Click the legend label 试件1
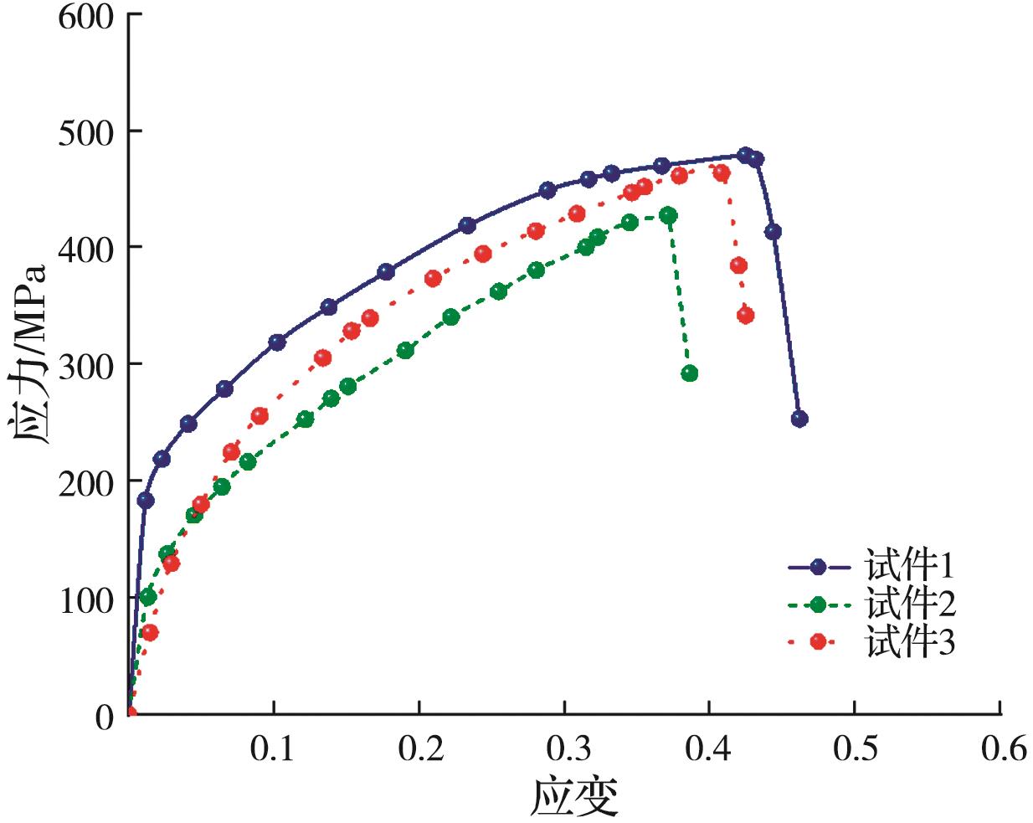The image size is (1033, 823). point(910,567)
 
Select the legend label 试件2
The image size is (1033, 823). point(910,604)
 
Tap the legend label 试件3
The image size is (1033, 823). point(910,642)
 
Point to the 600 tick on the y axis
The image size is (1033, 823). point(85,15)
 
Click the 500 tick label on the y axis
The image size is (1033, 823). point(85,132)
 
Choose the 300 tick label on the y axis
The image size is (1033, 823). point(85,365)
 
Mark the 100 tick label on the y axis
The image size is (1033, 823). point(85,599)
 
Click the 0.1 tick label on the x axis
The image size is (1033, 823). point(273,748)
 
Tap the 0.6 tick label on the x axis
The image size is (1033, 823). point(1001,748)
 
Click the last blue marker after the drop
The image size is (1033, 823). point(799,419)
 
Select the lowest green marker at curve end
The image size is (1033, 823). point(689,373)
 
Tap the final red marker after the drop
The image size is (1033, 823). point(745,316)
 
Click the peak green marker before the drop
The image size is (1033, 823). point(668,215)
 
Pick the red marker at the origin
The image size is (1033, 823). point(131,713)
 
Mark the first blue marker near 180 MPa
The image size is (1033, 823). point(146,500)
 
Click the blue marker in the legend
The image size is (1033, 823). point(818,567)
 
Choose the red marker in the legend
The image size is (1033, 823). point(818,641)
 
